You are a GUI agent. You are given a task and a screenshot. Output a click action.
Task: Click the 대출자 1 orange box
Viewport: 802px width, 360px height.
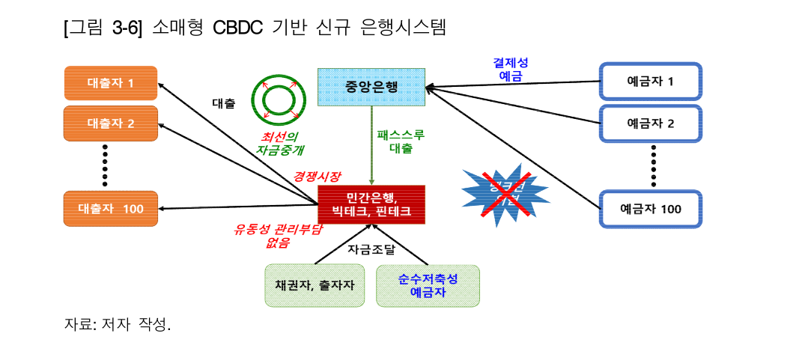coord(111,82)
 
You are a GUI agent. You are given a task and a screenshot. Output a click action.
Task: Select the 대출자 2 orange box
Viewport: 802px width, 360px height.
coord(111,122)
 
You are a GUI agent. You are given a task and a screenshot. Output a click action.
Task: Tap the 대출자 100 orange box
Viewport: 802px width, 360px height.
coord(111,208)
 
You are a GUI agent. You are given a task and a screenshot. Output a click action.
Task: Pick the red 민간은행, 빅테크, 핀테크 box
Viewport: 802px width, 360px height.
coord(371,204)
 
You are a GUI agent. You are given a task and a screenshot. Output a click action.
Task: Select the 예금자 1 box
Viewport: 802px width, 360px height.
coord(650,82)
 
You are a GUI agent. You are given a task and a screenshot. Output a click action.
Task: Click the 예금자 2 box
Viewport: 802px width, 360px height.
coord(650,123)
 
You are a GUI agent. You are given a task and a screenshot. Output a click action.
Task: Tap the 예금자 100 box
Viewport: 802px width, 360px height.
coord(650,209)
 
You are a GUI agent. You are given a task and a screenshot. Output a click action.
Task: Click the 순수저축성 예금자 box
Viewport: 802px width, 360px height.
coord(428,285)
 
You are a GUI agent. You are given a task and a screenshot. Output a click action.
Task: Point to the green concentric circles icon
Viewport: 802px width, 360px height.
coord(278,100)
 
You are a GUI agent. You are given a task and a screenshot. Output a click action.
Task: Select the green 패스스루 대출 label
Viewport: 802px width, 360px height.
coord(401,141)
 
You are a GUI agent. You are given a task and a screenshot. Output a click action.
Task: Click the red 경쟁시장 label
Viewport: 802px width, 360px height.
coord(317,177)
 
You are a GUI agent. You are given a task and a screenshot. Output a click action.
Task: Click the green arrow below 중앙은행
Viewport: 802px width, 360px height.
coord(372,145)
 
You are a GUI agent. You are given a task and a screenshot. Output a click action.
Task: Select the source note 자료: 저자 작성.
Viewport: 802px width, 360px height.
coord(118,326)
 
